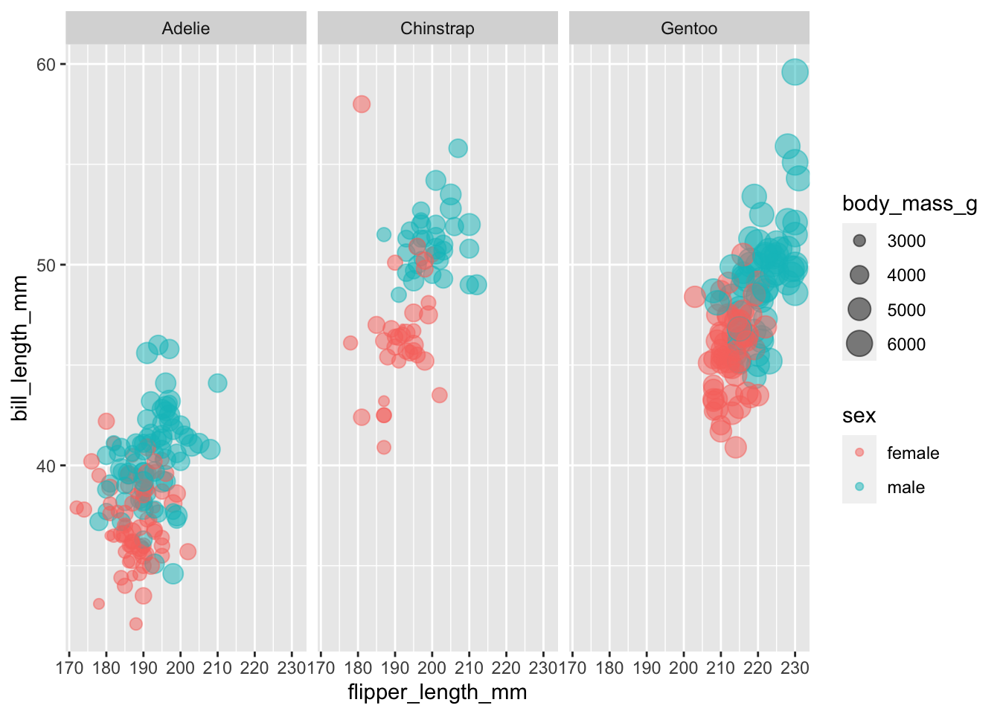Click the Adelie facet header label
coord(186,29)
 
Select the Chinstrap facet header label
coord(437,29)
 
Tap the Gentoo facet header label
coord(689,29)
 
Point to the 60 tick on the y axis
coord(46,65)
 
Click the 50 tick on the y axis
coord(46,266)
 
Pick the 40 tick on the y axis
coord(46,466)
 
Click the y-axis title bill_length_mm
coord(20,348)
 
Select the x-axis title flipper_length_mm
coord(437,692)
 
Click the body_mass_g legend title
coord(909,204)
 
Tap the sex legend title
coord(859,416)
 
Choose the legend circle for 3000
coord(859,241)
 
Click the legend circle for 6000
coord(859,344)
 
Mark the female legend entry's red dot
coord(859,453)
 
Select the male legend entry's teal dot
coord(859,487)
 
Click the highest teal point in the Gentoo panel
coord(795,72)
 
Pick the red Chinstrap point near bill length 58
coord(362,104)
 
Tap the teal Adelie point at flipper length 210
coord(217,383)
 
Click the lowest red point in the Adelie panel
coord(135,624)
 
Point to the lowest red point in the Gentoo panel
coord(736,448)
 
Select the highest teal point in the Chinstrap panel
coord(458,148)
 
